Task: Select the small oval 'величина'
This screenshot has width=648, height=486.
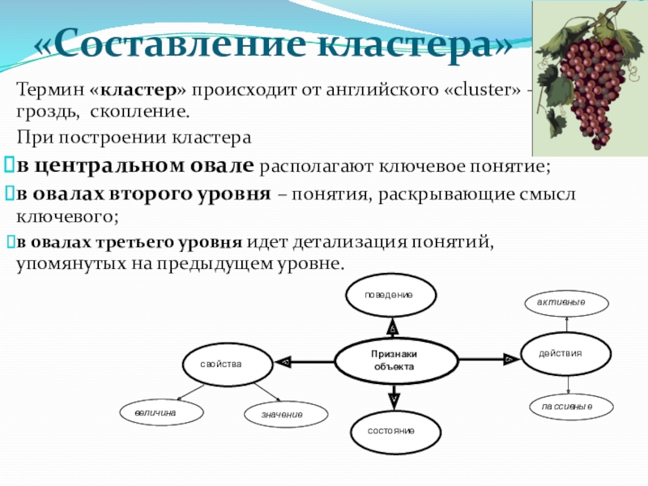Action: coord(160,412)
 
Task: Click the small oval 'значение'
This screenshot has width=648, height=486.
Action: coord(282,415)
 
